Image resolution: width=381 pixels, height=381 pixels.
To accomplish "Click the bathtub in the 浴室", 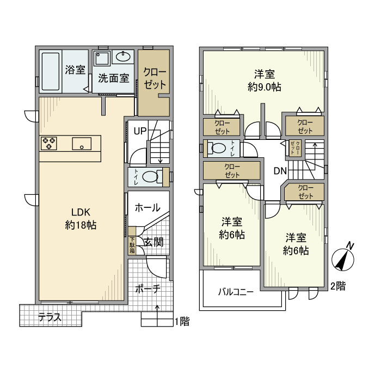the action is [x=51, y=71].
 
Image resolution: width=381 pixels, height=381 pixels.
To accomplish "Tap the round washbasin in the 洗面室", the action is [x=123, y=57].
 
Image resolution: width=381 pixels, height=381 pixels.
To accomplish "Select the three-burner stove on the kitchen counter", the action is [x=49, y=143].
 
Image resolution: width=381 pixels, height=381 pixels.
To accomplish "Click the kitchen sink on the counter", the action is [x=82, y=144].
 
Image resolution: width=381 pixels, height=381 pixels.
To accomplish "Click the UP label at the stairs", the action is [x=140, y=131].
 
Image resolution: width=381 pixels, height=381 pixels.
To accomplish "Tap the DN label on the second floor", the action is [x=280, y=171].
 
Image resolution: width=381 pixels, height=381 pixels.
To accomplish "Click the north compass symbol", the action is [x=343, y=257].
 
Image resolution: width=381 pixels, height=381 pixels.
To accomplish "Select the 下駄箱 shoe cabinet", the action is [x=132, y=245].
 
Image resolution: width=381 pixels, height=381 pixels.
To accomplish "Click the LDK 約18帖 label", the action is [x=81, y=219].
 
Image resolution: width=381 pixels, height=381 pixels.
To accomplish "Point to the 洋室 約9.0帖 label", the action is [x=265, y=81].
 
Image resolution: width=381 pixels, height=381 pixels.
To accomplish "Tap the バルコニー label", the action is [x=236, y=292].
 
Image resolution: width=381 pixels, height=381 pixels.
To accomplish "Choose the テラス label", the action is [x=50, y=317].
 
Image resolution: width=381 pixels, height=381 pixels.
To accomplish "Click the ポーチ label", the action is [x=148, y=289].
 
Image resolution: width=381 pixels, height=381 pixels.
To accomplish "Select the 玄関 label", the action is [x=153, y=242].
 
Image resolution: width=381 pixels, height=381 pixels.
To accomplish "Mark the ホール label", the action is [x=148, y=208].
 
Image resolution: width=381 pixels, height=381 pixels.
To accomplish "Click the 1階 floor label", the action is [x=182, y=322].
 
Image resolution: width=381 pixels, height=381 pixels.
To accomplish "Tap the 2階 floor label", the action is [x=338, y=286].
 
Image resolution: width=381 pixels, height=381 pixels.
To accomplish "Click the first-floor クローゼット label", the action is [x=155, y=78].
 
